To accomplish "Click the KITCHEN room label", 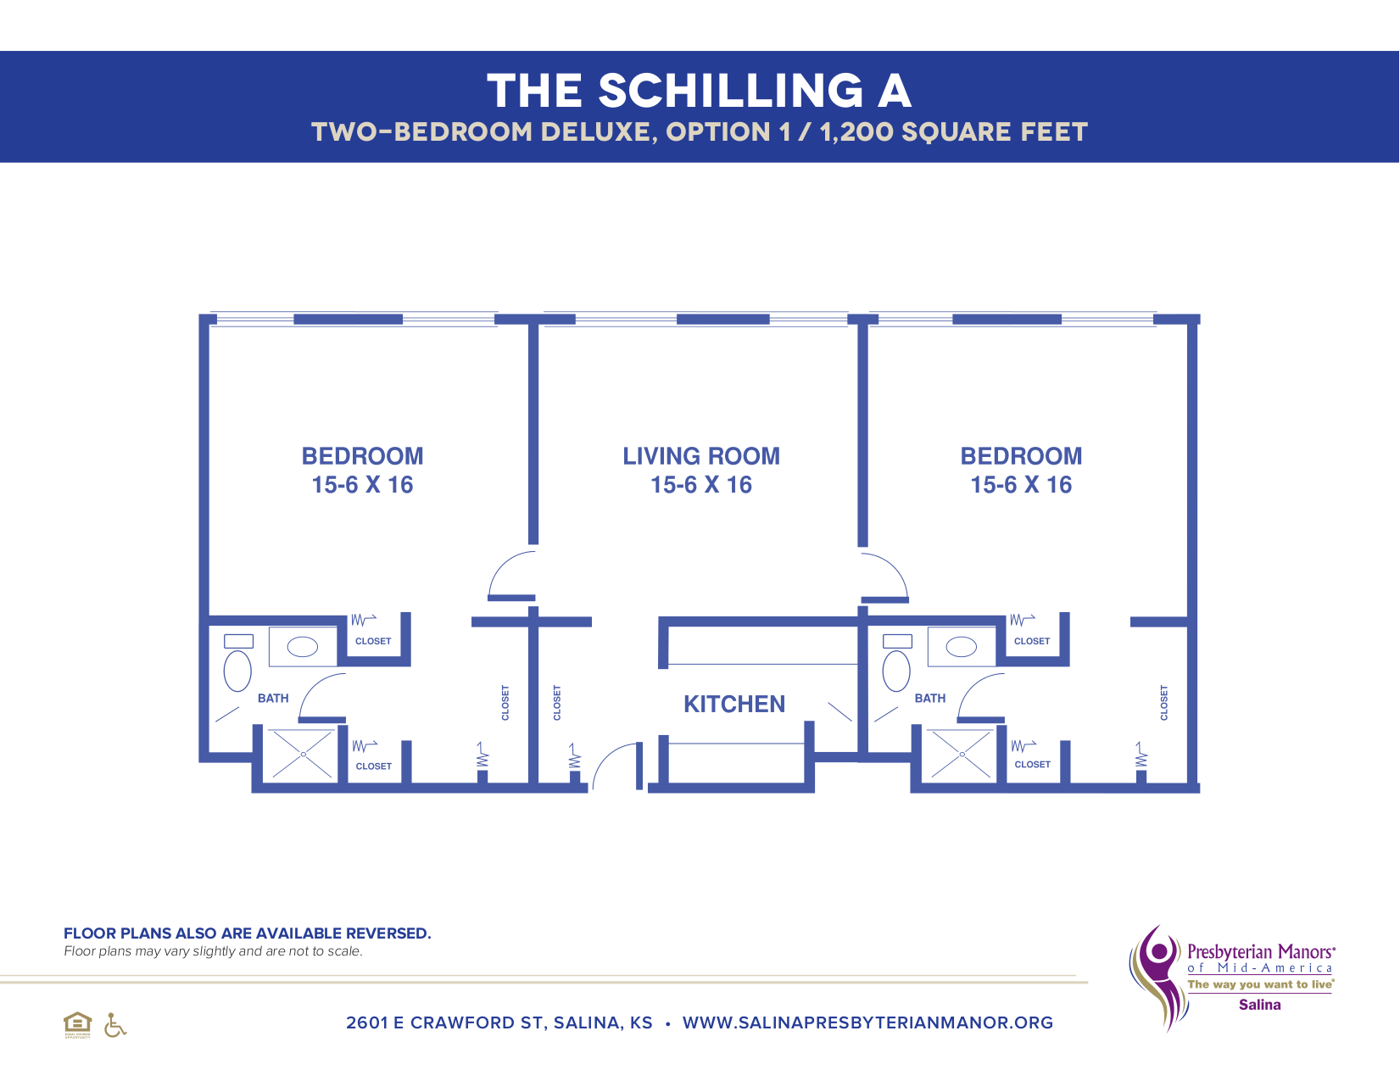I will click(x=734, y=704).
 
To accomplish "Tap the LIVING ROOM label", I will click(x=701, y=456).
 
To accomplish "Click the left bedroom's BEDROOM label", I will click(x=362, y=456).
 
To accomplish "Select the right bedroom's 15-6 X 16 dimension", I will click(x=1021, y=485).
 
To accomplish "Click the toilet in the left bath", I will click(x=237, y=670).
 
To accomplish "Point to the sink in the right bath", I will click(x=961, y=647).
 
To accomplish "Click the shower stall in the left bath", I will click(x=302, y=754).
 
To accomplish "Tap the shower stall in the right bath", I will click(x=961, y=754).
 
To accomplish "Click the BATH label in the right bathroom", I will click(x=929, y=698).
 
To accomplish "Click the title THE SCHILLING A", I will click(x=699, y=91).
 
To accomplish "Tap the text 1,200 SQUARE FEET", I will click(x=953, y=132).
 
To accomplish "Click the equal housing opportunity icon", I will click(x=77, y=1024).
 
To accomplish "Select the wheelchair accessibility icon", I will click(x=114, y=1025).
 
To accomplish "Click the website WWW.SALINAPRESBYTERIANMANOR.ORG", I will click(x=867, y=1022).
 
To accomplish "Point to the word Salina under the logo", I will click(x=1259, y=1005).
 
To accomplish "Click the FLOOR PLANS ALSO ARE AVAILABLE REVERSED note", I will click(x=247, y=933).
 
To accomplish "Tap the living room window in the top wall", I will click(x=722, y=320).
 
